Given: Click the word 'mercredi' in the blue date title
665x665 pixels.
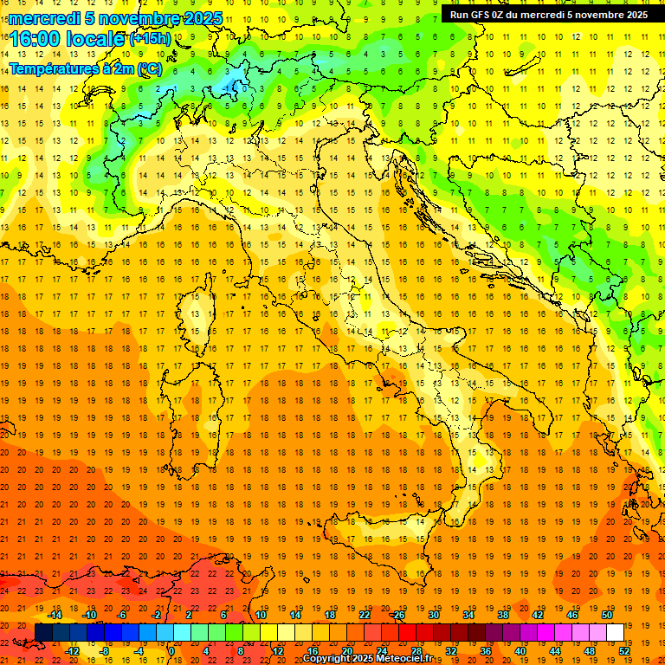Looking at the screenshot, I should pos(44,18).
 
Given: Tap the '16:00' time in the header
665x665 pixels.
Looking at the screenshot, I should pos(36,39).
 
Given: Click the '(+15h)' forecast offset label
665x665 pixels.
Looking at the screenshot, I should pos(150,39).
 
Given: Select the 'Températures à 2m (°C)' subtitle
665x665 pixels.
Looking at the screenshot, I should pos(86,68).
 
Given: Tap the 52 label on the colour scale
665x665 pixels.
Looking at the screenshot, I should pos(623,650).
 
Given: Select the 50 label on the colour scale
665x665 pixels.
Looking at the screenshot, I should pos(606,615).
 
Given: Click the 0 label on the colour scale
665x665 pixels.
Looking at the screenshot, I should pos(171,650).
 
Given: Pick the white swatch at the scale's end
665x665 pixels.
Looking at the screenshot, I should pos(615,632).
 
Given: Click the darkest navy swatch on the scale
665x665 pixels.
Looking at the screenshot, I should pos(43,632).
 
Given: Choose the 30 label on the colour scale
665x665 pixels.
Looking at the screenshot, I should pos(433,615).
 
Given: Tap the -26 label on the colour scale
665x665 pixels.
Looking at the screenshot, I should pos(397,615).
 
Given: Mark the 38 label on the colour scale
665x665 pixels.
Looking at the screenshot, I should pos(502,615).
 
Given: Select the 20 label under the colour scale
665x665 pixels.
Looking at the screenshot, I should pos(346,650).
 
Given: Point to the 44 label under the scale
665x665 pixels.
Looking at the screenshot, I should pos(554,650).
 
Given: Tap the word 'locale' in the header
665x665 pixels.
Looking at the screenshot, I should pos(94,39).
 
